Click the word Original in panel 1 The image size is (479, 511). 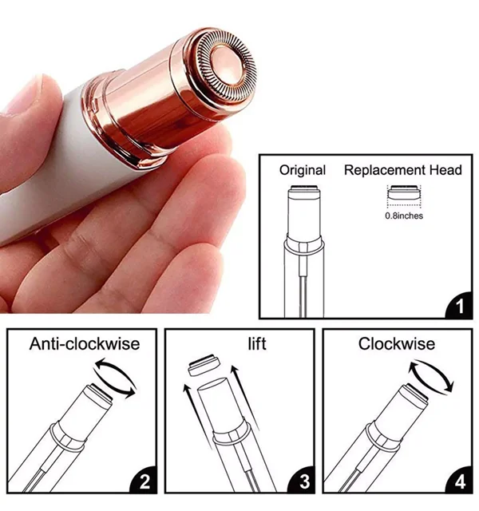tap(303, 171)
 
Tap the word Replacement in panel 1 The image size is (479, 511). tap(385, 170)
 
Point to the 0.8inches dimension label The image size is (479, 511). tap(404, 216)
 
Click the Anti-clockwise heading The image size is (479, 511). tap(85, 344)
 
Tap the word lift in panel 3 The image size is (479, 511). tap(257, 344)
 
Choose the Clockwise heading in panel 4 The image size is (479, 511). tap(397, 344)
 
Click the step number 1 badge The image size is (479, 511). tap(460, 306)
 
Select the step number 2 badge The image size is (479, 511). tap(144, 481)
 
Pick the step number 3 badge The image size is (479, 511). tap(302, 481)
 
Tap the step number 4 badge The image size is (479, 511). tap(460, 481)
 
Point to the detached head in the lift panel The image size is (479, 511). tap(204, 365)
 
